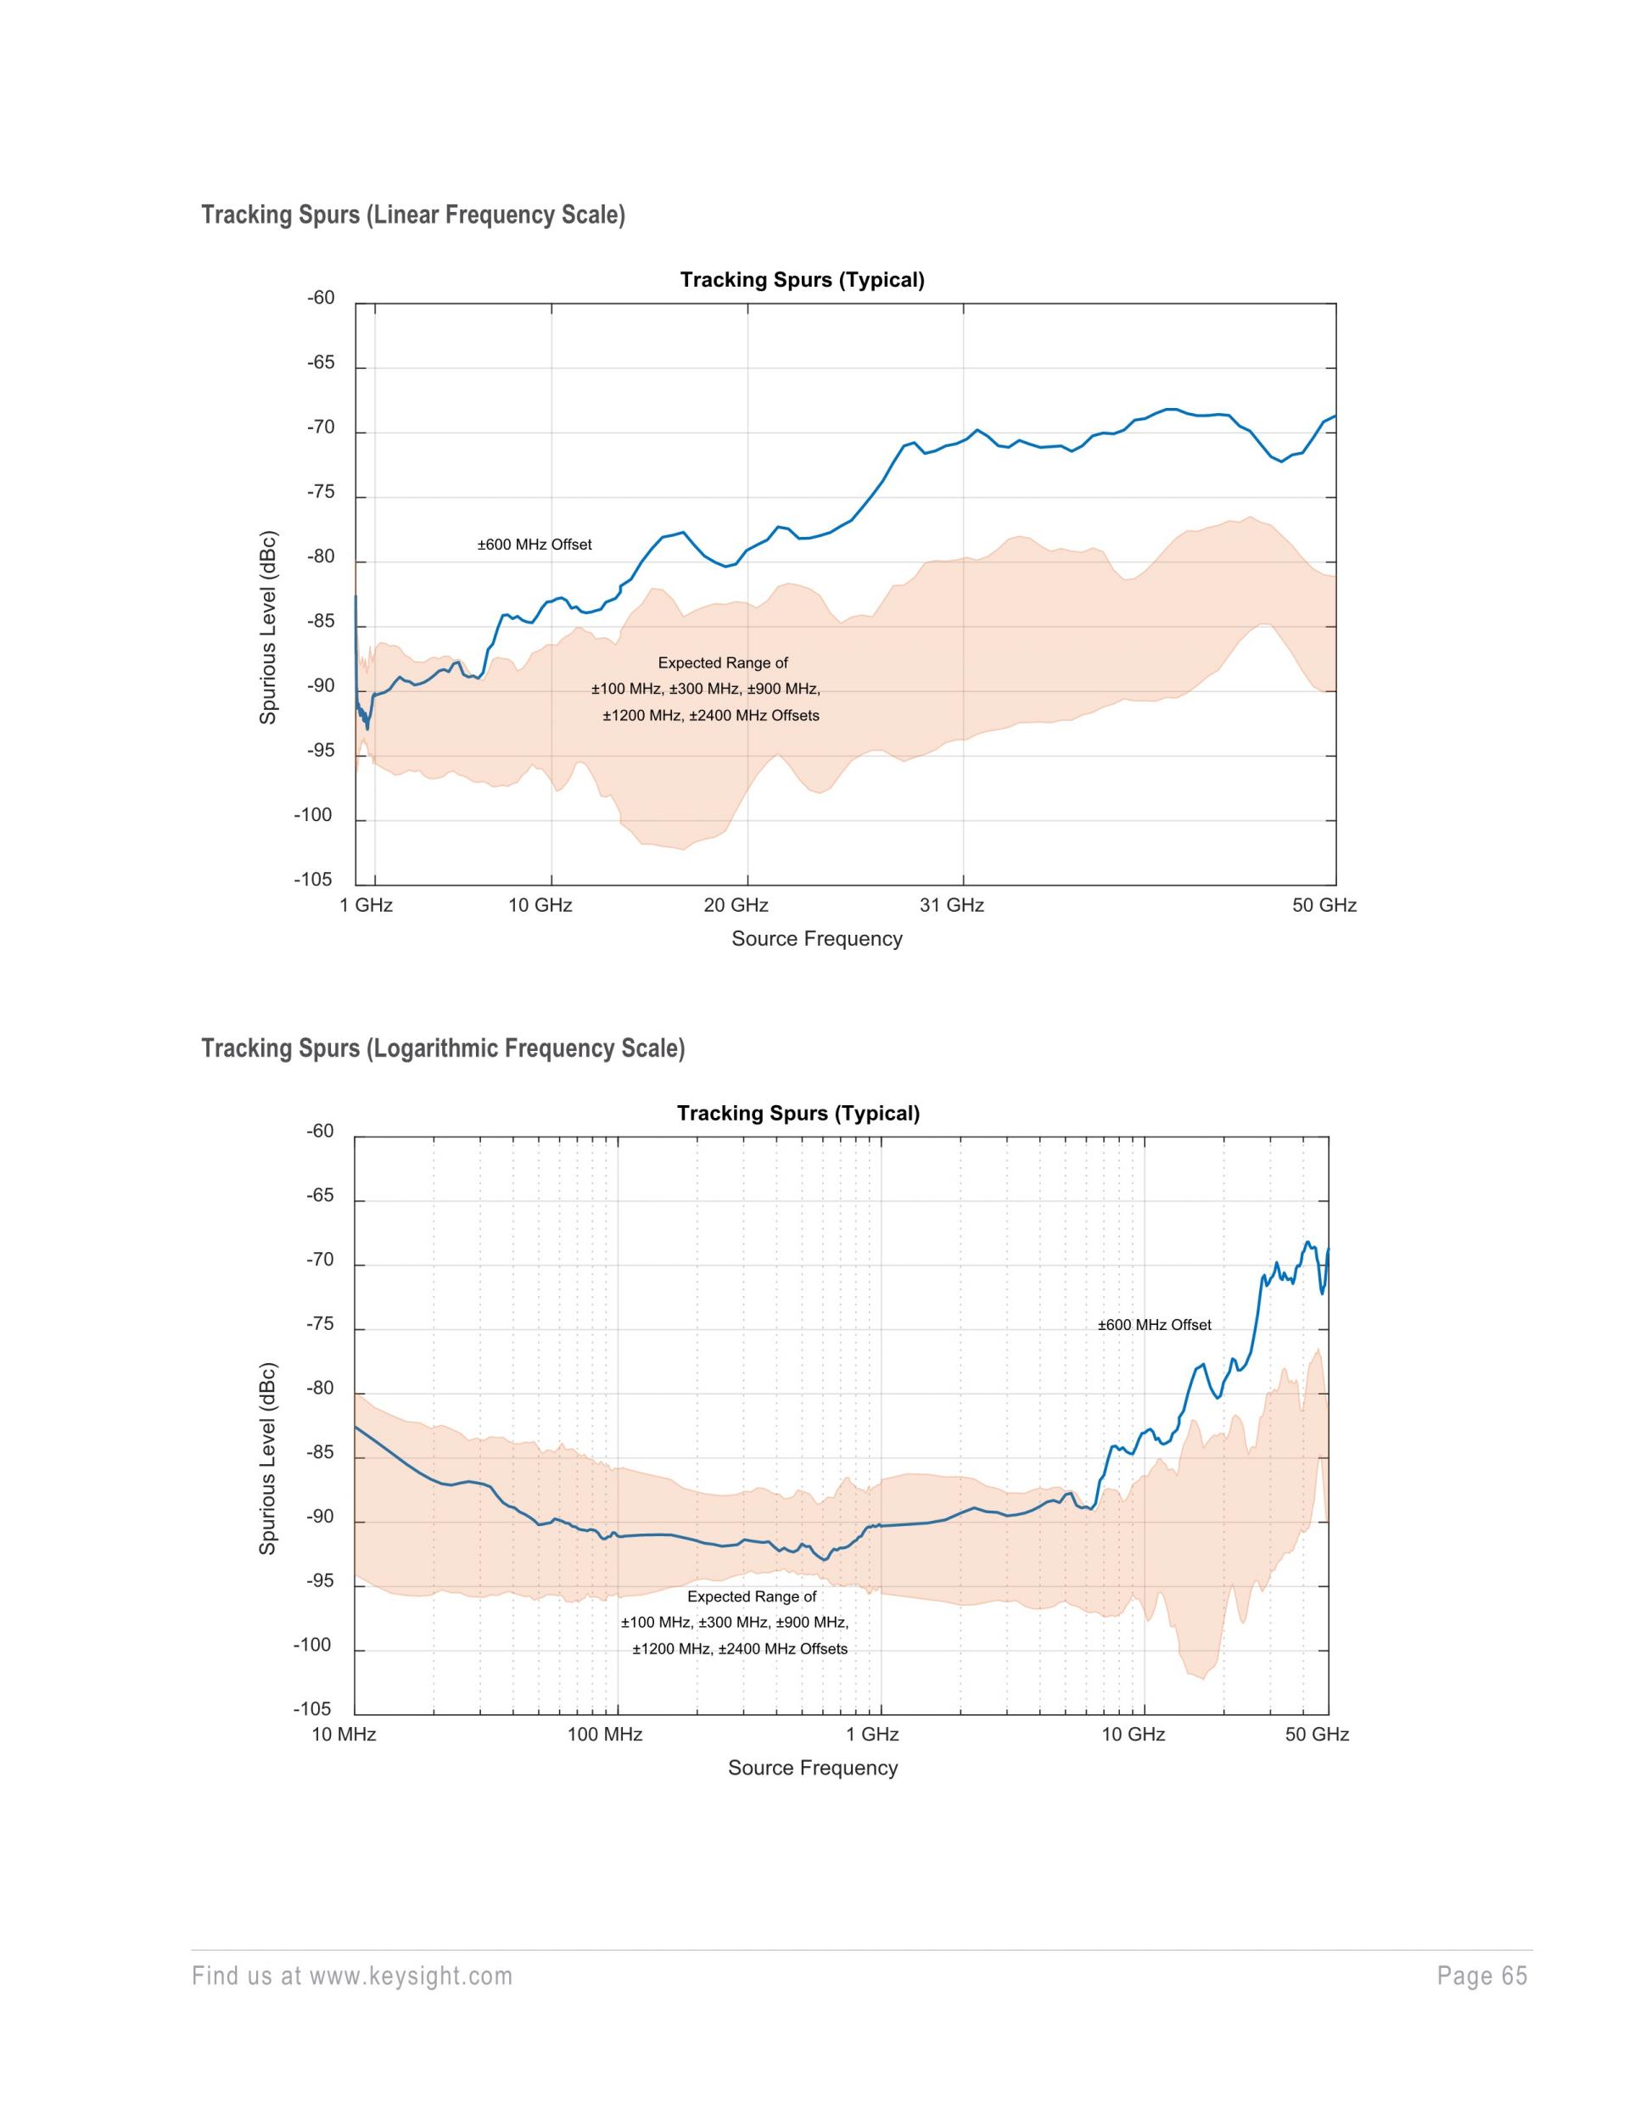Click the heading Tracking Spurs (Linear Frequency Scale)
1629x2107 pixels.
point(413,215)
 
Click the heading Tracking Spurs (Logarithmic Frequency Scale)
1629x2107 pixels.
point(443,1048)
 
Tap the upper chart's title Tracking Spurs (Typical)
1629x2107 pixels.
point(802,280)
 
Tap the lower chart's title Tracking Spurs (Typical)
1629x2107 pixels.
point(798,1114)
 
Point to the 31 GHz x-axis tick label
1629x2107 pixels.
point(952,905)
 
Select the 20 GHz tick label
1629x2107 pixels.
point(736,905)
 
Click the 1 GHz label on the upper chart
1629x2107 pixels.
point(367,905)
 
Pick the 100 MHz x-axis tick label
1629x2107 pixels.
point(605,1735)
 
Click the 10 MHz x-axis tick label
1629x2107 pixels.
point(344,1735)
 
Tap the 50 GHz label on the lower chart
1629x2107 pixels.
point(1318,1735)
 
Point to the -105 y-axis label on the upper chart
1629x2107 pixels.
point(313,880)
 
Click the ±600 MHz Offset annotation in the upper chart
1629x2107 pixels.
point(535,545)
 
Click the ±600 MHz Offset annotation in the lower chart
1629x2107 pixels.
point(1154,1325)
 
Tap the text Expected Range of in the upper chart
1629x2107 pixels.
point(723,662)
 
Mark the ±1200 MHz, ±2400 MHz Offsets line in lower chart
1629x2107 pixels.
point(740,1649)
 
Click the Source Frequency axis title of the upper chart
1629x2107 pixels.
point(816,939)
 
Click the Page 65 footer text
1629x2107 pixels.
point(1482,1976)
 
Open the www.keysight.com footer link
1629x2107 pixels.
point(411,1976)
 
